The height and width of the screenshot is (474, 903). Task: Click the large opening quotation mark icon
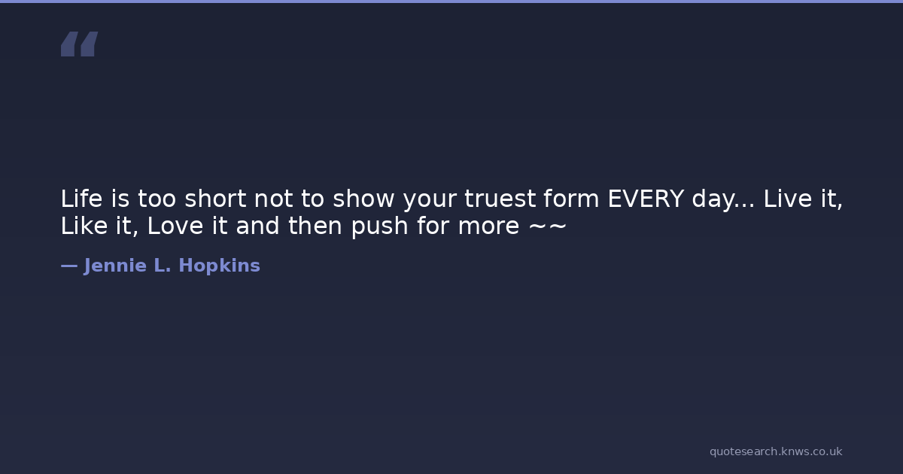pyautogui.click(x=80, y=44)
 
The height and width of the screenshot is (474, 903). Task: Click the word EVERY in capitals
pyautogui.click(x=646, y=199)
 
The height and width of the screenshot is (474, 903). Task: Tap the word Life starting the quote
pyautogui.click(x=81, y=199)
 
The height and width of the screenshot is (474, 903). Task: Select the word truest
pyautogui.click(x=500, y=199)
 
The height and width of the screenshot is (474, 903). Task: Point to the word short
pyautogui.click(x=215, y=199)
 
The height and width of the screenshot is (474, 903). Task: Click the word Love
pyautogui.click(x=175, y=226)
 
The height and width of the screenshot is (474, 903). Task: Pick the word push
pyautogui.click(x=380, y=226)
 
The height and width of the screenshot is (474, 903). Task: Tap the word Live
pyautogui.click(x=788, y=199)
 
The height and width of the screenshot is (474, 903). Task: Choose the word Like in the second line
pyautogui.click(x=84, y=225)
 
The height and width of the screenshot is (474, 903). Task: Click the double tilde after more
pyautogui.click(x=548, y=226)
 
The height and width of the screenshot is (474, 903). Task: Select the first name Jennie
pyautogui.click(x=115, y=266)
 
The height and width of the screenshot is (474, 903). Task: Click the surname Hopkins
pyautogui.click(x=219, y=266)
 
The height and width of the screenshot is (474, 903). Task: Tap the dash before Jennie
pyautogui.click(x=69, y=266)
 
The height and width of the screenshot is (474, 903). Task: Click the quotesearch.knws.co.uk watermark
pyautogui.click(x=776, y=452)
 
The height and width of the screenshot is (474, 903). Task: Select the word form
pyautogui.click(x=571, y=199)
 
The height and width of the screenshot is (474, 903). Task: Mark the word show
pyautogui.click(x=363, y=199)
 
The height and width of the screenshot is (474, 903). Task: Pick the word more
pyautogui.click(x=488, y=227)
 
